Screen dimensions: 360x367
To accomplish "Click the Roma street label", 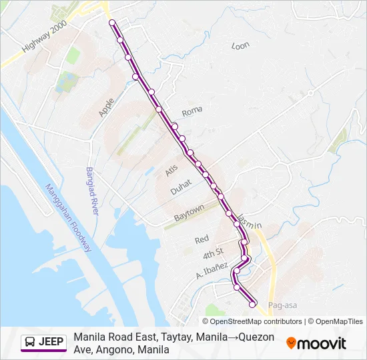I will [x=192, y=112].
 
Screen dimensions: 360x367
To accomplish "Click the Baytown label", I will [x=189, y=214].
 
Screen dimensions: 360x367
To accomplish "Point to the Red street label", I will [x=202, y=239].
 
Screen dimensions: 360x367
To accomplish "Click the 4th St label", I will [x=213, y=254].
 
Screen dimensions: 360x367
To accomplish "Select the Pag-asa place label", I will [x=281, y=305].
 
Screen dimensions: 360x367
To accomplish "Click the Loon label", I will [x=240, y=46].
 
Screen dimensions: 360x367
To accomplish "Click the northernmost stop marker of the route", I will [x=112, y=23].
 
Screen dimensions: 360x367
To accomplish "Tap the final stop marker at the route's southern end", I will [x=253, y=305].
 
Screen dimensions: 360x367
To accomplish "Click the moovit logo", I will [x=316, y=343].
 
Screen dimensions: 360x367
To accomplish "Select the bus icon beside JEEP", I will [x=30, y=343].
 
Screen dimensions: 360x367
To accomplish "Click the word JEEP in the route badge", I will [x=51, y=343].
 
